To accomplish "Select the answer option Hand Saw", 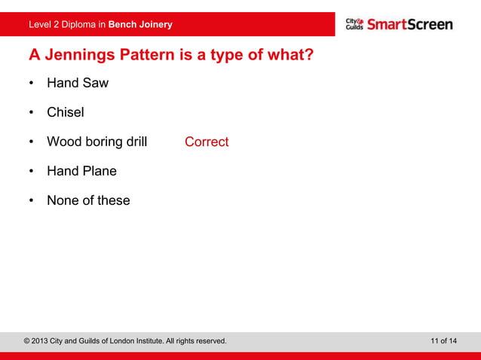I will (x=78, y=83).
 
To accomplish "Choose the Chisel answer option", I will (x=66, y=112).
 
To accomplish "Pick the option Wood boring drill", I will (x=97, y=142).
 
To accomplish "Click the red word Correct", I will (x=207, y=142).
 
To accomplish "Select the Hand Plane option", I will (x=81, y=171).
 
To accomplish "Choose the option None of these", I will (x=88, y=200).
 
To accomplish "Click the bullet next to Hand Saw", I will (x=32, y=84).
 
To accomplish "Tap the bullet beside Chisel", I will (x=32, y=113).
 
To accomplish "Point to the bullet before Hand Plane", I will (x=32, y=172).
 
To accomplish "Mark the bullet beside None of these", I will (x=32, y=201).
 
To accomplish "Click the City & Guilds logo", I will (x=354, y=24).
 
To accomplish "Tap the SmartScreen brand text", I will (x=410, y=24).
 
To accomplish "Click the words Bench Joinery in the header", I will (x=140, y=25).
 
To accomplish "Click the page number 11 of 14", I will (x=443, y=341).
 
